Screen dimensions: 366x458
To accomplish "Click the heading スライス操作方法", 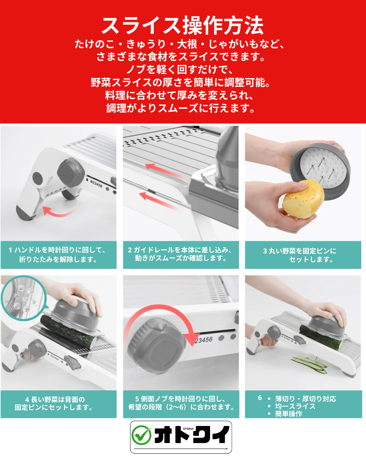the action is click(x=182, y=25).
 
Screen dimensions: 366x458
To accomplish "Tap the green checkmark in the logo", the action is click(x=141, y=435).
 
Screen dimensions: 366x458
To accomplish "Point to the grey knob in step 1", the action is click(x=71, y=172).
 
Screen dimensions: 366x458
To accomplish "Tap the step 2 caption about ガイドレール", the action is click(x=180, y=254).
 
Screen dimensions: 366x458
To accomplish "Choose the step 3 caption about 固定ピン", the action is click(x=300, y=255).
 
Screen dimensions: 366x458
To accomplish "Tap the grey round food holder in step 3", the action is click(x=320, y=172).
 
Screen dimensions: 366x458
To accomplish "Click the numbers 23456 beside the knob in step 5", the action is click(x=204, y=340).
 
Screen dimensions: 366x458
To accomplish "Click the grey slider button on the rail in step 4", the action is click(x=73, y=362).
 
